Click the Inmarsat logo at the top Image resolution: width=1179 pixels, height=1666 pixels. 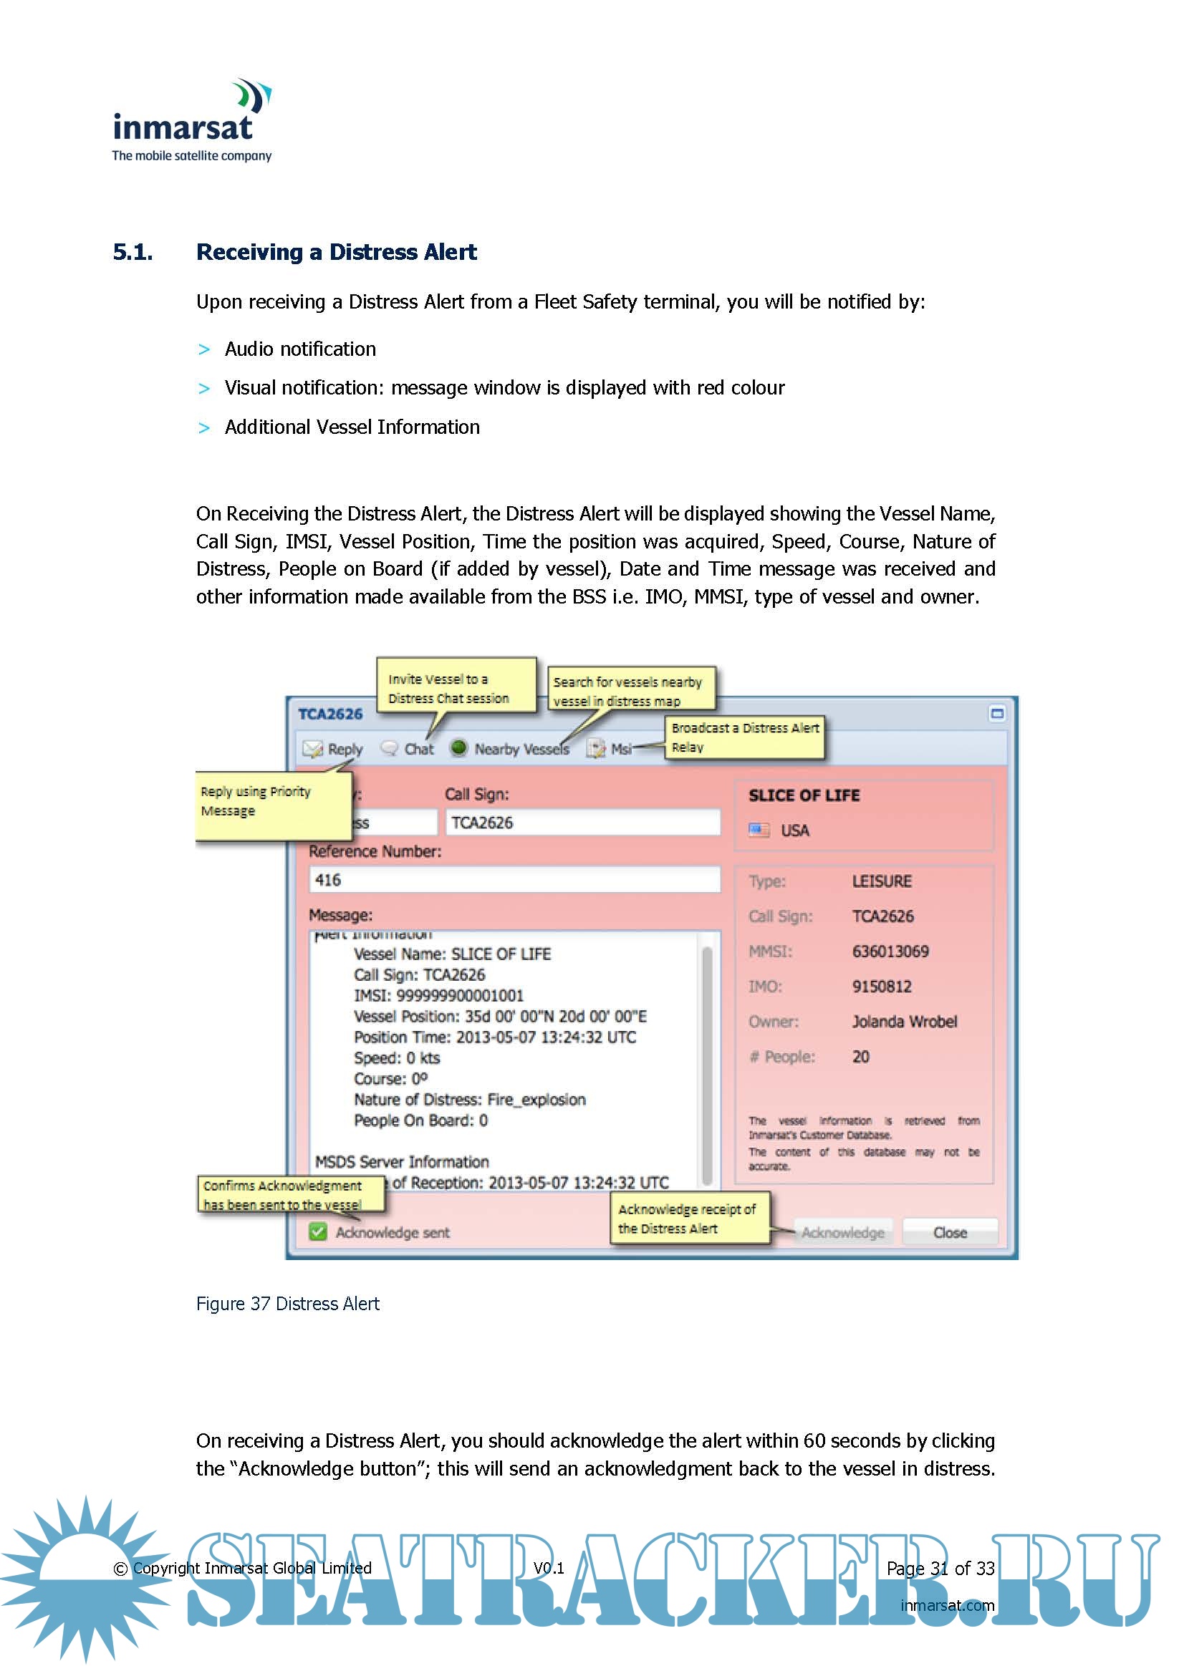pyautogui.click(x=192, y=121)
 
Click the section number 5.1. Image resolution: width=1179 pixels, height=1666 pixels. pyautogui.click(x=133, y=252)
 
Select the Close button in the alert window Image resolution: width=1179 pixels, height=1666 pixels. pyautogui.click(x=950, y=1232)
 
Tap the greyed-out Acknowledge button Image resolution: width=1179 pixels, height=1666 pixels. pyautogui.click(x=842, y=1232)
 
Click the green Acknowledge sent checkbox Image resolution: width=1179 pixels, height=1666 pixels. pyautogui.click(x=318, y=1231)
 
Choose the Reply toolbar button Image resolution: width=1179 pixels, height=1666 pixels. pyautogui.click(x=333, y=749)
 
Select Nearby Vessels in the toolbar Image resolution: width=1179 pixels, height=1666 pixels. pyautogui.click(x=510, y=749)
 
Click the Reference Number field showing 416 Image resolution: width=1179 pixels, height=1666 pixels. pyautogui.click(x=514, y=879)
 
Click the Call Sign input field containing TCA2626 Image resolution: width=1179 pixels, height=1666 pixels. pyautogui.click(x=582, y=822)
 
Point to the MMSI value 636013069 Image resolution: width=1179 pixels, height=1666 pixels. pyautogui.click(x=890, y=951)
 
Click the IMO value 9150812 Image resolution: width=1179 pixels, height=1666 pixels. pyautogui.click(x=881, y=986)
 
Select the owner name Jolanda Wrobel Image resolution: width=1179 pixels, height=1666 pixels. pyautogui.click(x=904, y=1021)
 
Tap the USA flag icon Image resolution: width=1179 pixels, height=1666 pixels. pyautogui.click(x=759, y=829)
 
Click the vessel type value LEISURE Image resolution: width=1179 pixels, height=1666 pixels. pyautogui.click(x=881, y=881)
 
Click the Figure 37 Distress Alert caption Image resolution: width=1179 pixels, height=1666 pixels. pyautogui.click(x=287, y=1304)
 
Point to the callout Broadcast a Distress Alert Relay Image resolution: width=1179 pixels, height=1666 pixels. pyautogui.click(x=745, y=737)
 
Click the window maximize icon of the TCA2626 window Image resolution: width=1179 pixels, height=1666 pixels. pyautogui.click(x=997, y=713)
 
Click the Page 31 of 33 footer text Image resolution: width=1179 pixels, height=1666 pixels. pyautogui.click(x=940, y=1568)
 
